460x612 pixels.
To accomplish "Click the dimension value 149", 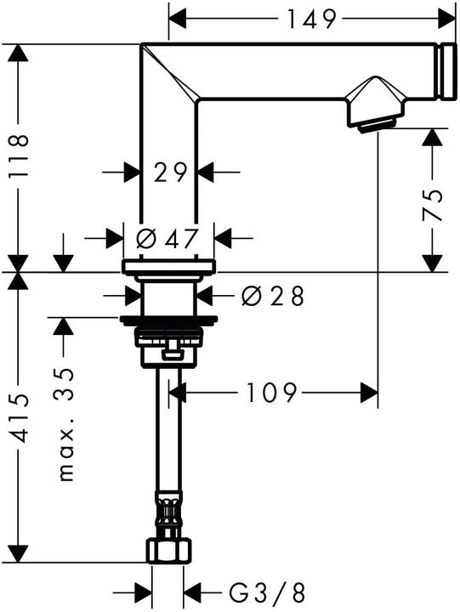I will click(x=312, y=16).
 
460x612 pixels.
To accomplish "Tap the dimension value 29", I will click(x=170, y=173).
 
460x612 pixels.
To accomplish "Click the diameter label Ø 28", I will click(x=272, y=296).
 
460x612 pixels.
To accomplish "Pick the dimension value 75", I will click(x=434, y=205).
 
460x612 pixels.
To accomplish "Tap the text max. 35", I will click(x=65, y=425).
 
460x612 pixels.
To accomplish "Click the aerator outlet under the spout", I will click(x=374, y=126).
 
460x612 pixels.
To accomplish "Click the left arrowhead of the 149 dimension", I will click(x=179, y=16).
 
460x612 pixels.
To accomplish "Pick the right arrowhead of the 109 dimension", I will click(x=369, y=393).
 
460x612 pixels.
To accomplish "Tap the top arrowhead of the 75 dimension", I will click(x=434, y=138).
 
